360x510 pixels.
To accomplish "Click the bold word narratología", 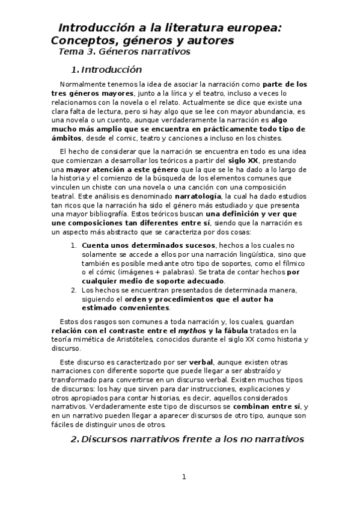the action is (x=198, y=197).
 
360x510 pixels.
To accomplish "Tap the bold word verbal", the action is (x=201, y=363).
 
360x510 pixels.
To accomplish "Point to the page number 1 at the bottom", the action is (x=185, y=477).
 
